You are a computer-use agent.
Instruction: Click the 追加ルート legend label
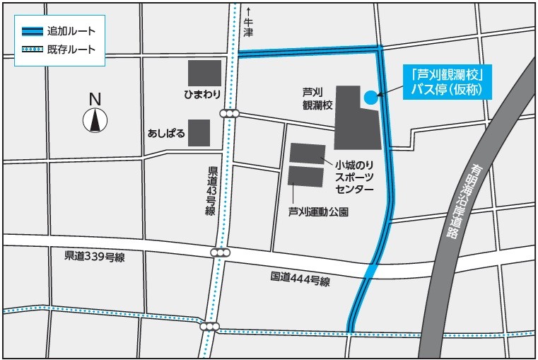(x=71, y=32)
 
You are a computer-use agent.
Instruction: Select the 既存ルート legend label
(x=71, y=50)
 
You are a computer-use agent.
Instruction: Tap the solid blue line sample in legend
(x=32, y=32)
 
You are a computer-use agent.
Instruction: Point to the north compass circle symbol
(x=94, y=121)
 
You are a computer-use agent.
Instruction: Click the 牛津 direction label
(x=248, y=28)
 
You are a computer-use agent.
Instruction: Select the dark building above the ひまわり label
(x=204, y=73)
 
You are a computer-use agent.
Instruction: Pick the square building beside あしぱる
(x=199, y=132)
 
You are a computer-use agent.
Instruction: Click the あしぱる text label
(x=166, y=133)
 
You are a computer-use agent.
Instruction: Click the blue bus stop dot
(x=370, y=98)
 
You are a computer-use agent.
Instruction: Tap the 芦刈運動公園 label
(x=318, y=211)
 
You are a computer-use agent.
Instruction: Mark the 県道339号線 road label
(x=94, y=257)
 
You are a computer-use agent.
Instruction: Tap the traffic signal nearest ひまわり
(x=230, y=114)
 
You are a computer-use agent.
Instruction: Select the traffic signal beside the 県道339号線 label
(x=221, y=252)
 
